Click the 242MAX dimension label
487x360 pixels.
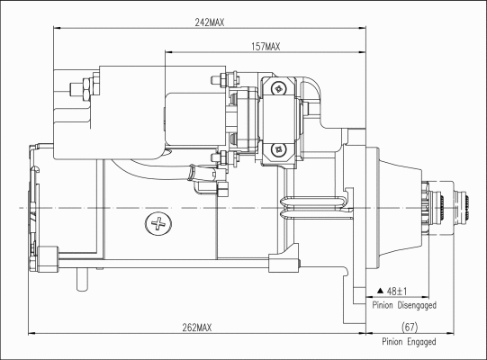point(210,22)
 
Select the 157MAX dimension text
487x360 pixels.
point(266,47)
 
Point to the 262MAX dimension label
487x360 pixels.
point(197,328)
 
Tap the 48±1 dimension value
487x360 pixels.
point(397,292)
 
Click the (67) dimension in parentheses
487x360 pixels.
point(410,327)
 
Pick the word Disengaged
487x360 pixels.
point(417,305)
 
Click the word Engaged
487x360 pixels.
point(421,342)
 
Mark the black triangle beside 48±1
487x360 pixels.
point(381,291)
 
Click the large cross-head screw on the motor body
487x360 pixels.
point(158,223)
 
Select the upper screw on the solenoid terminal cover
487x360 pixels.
point(278,88)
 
